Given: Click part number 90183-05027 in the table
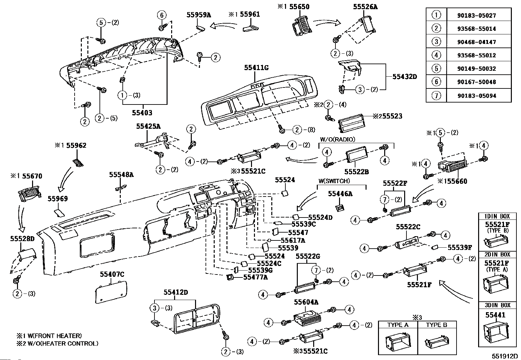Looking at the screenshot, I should coord(476,15).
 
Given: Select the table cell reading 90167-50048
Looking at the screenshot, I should coord(476,82).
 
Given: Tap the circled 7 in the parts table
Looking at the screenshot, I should coord(436,95).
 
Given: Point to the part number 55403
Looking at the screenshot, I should coord(142,113).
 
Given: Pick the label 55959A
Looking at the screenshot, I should coord(199,15).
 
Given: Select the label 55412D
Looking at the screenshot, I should coord(176,293).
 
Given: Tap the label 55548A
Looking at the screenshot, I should coord(121,175).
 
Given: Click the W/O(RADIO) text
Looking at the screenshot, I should coord(337,140).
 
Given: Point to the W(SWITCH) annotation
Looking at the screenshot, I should coord(334,181).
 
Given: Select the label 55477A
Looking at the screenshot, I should coord(256,277).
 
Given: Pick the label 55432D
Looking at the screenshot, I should coord(405,77).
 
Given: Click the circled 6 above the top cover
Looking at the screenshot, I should coord(161,15).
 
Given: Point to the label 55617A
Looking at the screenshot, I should coord(293,240).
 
